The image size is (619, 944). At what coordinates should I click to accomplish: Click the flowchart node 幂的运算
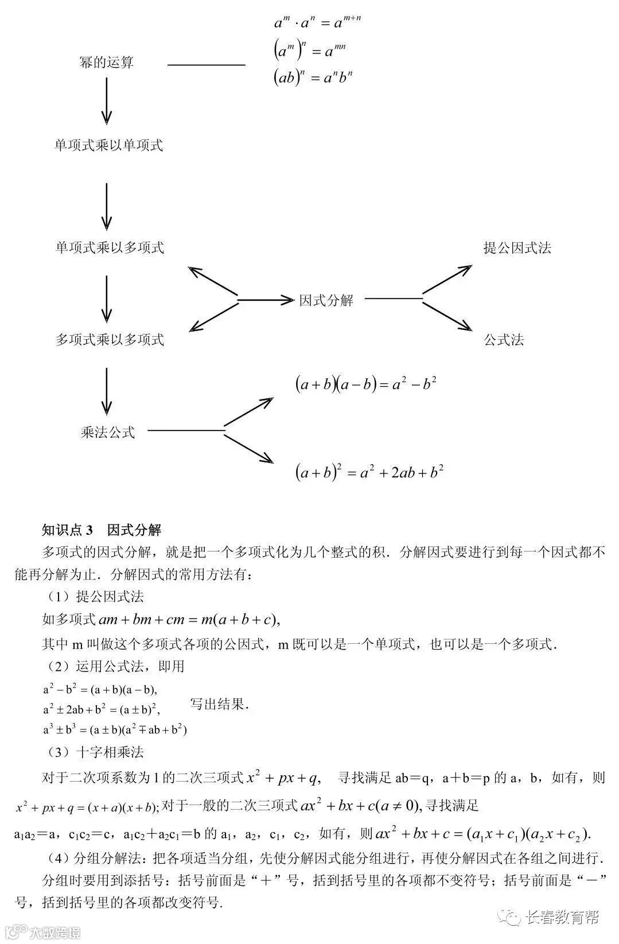107,62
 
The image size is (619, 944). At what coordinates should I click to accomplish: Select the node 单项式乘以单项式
109,145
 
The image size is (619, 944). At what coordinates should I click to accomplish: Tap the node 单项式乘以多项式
110,248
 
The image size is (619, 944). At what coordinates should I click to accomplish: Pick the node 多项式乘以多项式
110,340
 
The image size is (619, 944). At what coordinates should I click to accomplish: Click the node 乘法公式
108,432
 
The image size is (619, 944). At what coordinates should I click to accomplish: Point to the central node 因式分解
326,300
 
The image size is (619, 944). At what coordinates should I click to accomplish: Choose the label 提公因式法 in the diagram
517,248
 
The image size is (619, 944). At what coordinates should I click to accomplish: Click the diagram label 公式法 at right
504,340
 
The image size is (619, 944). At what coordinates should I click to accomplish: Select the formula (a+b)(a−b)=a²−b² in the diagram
366,384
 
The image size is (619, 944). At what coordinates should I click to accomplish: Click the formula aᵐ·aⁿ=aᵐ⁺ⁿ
317,22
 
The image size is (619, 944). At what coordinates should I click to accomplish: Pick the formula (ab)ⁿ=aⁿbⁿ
313,77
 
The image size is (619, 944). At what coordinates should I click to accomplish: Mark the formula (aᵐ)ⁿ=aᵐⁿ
310,51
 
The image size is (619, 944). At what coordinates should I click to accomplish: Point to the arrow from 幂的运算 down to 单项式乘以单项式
107,101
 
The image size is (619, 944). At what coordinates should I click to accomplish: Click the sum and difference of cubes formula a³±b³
115,730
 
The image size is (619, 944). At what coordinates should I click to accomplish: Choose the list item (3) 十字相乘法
96,752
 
